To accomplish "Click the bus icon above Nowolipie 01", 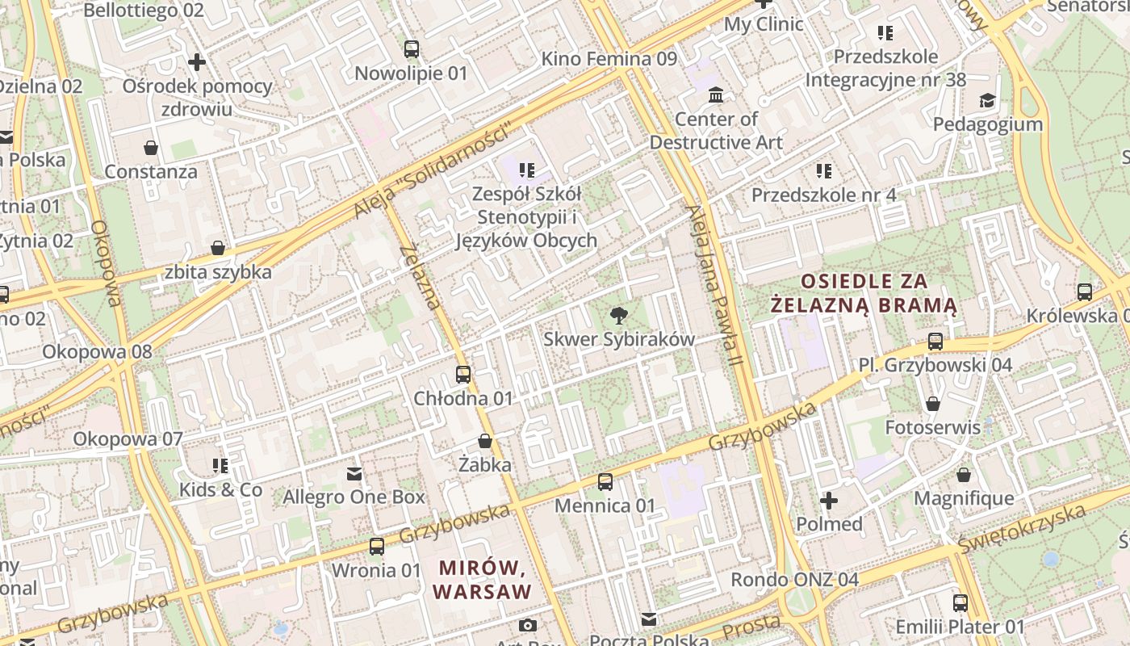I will click(x=412, y=49).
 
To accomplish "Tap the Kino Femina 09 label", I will click(x=609, y=59).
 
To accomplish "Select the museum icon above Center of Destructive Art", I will click(x=715, y=96).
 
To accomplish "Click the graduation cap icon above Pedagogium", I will click(x=987, y=101).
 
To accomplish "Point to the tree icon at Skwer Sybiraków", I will click(x=619, y=316).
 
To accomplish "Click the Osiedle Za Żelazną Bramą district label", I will click(x=864, y=293).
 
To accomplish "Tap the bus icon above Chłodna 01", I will click(x=462, y=375).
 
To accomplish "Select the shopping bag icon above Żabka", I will click(x=485, y=441).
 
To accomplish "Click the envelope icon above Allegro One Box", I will click(x=354, y=473).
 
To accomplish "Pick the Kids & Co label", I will click(x=220, y=489).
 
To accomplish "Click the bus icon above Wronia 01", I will click(x=376, y=547).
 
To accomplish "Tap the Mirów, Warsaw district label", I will click(x=483, y=580).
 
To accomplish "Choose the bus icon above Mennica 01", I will click(x=605, y=482).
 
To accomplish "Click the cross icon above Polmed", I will click(x=829, y=501).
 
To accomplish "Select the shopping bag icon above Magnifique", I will click(x=963, y=475).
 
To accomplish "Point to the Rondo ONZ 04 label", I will click(x=794, y=580).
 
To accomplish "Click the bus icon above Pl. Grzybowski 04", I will click(x=935, y=342).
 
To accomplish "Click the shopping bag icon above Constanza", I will click(x=151, y=148).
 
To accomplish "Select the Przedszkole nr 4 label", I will click(x=823, y=195).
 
